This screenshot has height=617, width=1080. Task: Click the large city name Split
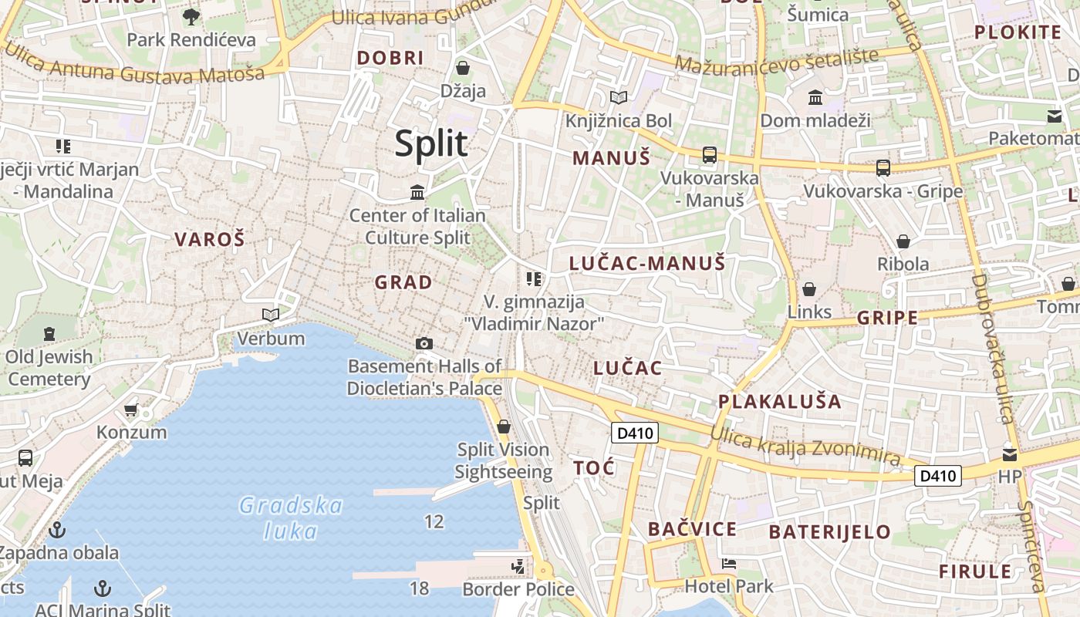[431, 144]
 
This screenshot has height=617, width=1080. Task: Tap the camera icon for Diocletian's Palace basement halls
[424, 344]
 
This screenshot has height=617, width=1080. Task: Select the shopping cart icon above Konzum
[131, 410]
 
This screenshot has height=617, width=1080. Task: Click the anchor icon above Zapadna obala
[57, 530]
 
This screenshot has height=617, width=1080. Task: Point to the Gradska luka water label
[291, 518]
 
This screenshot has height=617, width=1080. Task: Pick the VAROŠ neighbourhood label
[209, 239]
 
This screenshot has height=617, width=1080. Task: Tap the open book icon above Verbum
[271, 315]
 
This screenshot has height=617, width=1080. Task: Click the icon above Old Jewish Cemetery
[50, 334]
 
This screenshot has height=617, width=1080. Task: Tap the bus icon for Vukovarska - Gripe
[883, 167]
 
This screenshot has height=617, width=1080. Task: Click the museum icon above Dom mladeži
[815, 98]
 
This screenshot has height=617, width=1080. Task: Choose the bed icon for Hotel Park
[728, 564]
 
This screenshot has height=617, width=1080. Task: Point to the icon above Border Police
[518, 567]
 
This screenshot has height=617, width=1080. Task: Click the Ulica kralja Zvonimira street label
[805, 446]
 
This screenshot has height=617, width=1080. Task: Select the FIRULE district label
[975, 571]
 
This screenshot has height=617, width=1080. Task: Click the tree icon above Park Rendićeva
[191, 16]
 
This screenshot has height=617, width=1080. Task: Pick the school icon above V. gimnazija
[534, 279]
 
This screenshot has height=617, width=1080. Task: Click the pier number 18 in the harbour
[419, 588]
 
